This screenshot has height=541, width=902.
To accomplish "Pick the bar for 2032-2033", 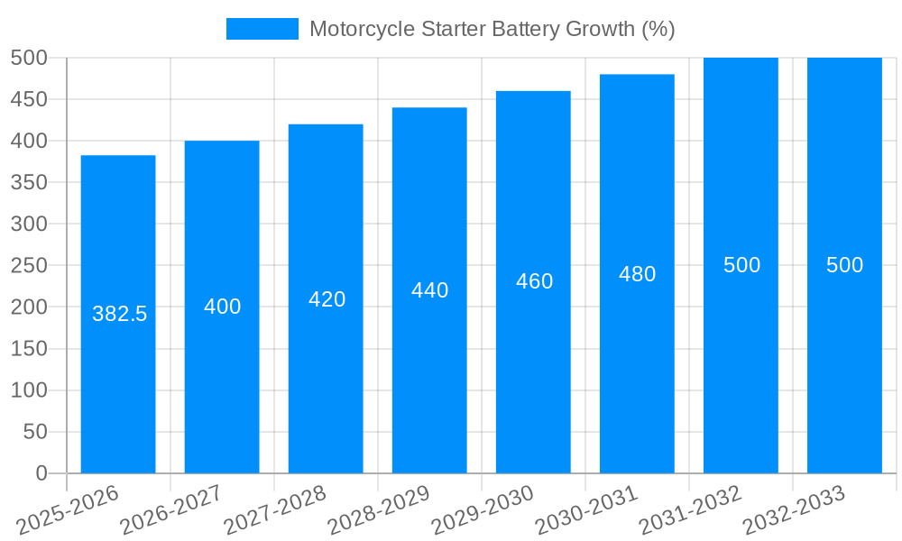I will click(x=844, y=361).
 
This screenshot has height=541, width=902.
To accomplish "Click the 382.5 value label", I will click(x=119, y=314).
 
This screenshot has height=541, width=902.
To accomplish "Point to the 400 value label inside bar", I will click(x=222, y=307).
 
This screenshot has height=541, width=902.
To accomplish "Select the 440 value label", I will click(x=429, y=290).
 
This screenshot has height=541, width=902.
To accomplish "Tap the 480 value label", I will click(x=637, y=274).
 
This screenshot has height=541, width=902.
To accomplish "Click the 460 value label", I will click(x=534, y=281).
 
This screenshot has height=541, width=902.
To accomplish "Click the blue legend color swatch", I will click(x=262, y=29).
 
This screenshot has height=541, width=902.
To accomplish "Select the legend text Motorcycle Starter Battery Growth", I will click(x=492, y=29).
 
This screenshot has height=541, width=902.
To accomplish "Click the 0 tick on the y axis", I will click(x=41, y=473).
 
